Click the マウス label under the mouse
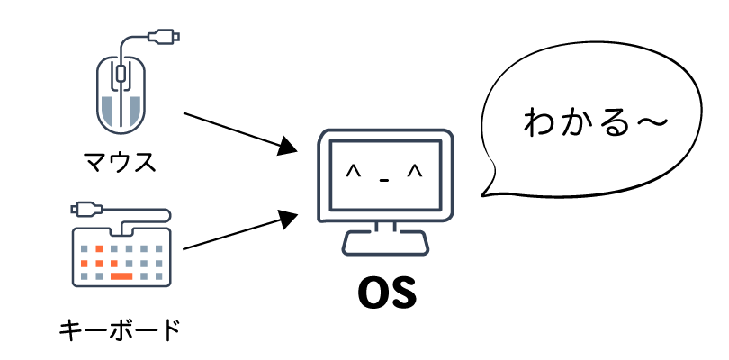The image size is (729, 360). pos(120,161)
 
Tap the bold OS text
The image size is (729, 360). pos(386,293)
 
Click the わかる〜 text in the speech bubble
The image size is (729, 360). pos(596,122)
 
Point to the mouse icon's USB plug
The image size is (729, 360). pos(164,36)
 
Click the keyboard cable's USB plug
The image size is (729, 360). pos(86,209)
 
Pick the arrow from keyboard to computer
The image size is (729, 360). pos(240,230)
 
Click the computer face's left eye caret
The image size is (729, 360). pos(354,172)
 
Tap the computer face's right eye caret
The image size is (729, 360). pos(414,172)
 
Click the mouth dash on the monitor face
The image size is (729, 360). pos(384,180)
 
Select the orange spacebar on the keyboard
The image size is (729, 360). pos(121,276)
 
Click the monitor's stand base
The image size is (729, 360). pos(385,243)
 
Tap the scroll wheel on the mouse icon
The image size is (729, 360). pos(121,73)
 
